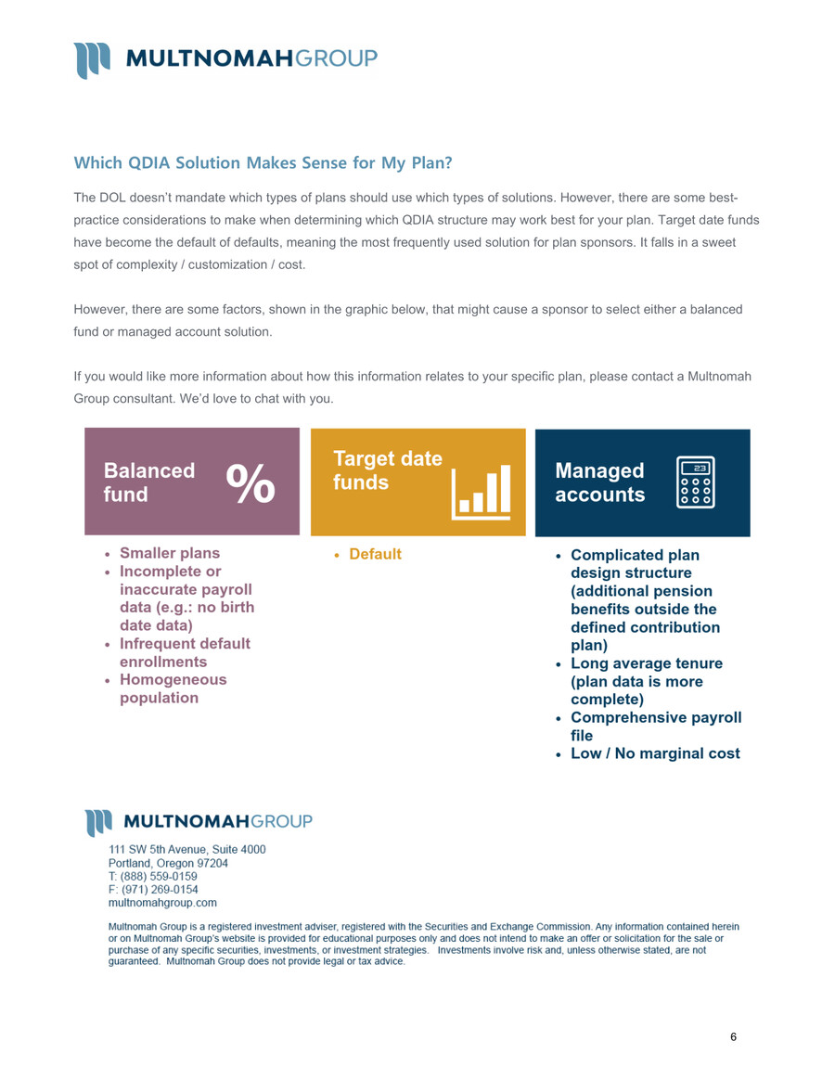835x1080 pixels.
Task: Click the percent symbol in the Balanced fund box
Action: point(251,482)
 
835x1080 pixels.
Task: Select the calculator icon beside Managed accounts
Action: point(696,482)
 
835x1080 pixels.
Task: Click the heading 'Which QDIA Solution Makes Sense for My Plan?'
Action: point(263,164)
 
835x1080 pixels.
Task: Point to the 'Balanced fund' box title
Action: point(148,482)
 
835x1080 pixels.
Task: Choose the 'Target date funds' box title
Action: point(387,471)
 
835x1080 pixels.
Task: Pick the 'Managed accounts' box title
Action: point(599,482)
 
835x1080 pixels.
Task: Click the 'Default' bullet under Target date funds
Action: point(375,555)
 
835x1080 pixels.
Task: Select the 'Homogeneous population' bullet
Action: point(173,688)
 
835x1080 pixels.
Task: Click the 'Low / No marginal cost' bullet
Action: point(655,753)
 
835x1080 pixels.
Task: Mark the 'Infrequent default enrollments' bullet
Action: point(185,652)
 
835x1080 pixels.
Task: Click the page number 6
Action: point(733,1037)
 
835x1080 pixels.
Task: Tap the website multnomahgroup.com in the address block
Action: point(163,901)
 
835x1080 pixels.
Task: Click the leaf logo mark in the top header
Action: point(93,59)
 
